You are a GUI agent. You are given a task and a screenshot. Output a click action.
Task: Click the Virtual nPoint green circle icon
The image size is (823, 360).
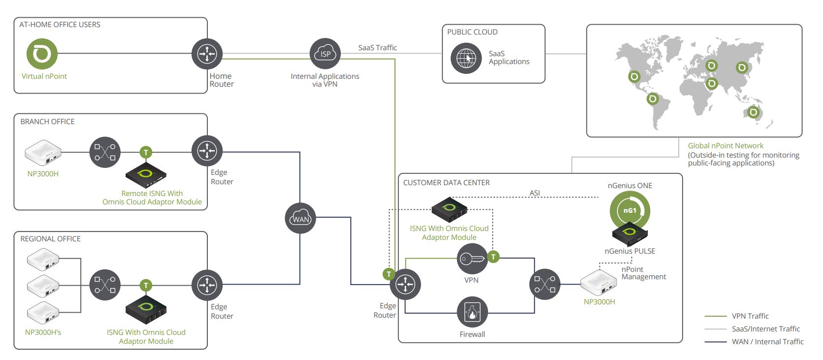tap(42, 54)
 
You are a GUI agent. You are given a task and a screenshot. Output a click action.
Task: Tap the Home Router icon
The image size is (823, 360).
tap(207, 54)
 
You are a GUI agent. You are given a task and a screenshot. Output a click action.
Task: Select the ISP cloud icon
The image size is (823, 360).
tap(325, 54)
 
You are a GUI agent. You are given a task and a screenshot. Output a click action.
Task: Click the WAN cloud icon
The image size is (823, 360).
tap(300, 219)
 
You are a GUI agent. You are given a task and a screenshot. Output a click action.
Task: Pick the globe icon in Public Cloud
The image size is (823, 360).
tap(466, 59)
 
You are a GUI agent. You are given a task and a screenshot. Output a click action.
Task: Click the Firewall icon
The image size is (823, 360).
tap(472, 312)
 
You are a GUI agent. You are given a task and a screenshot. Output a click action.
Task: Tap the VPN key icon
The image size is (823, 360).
tap(472, 259)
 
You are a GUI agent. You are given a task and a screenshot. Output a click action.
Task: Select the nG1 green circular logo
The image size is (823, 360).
tap(629, 210)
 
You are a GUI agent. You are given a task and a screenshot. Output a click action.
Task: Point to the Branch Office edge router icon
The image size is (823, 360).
tap(207, 151)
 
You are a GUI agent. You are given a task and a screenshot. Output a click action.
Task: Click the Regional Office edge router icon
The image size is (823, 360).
tap(207, 285)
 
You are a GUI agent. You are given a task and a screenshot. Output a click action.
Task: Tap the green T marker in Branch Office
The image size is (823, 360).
tap(146, 152)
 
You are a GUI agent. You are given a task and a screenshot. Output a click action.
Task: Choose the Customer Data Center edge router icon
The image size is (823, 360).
tap(405, 284)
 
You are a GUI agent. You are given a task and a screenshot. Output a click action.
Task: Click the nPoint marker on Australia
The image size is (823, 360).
tap(753, 112)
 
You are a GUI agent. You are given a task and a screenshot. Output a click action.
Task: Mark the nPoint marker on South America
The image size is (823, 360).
tap(653, 99)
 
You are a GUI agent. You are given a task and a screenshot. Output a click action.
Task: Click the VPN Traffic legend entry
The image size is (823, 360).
tap(750, 316)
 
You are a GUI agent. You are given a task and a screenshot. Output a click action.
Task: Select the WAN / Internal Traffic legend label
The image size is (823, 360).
tap(767, 342)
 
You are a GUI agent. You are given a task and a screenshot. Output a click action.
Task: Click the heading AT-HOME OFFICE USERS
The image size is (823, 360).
tap(60, 25)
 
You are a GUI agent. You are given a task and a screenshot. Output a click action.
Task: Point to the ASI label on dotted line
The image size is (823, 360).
tap(534, 193)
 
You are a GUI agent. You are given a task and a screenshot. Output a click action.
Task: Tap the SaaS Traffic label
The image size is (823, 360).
tap(377, 48)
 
